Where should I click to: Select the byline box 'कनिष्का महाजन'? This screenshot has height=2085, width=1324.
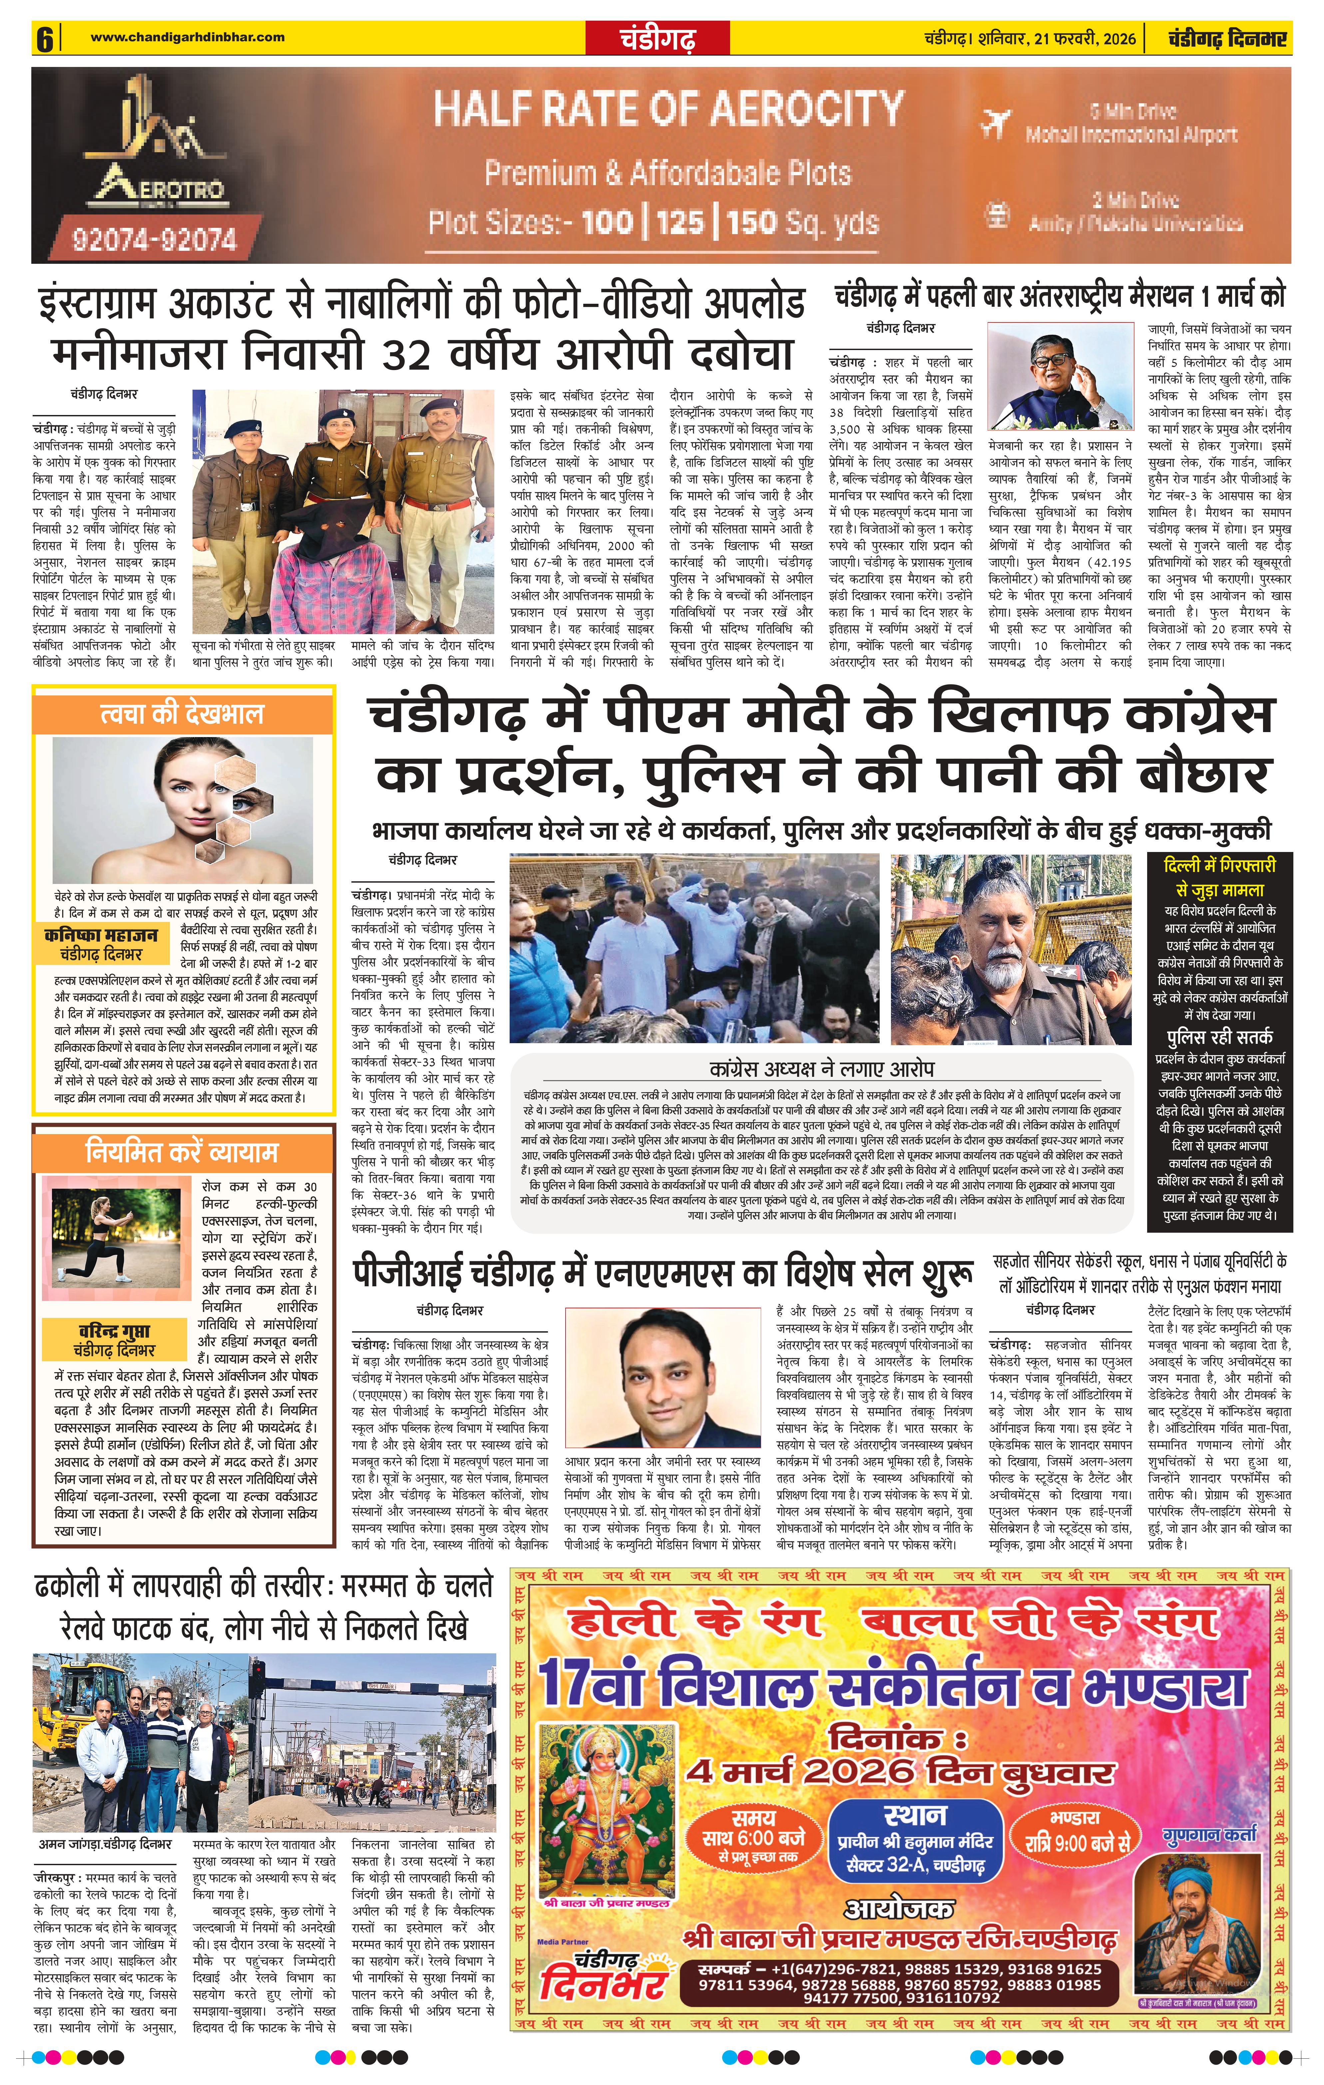coord(101,945)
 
